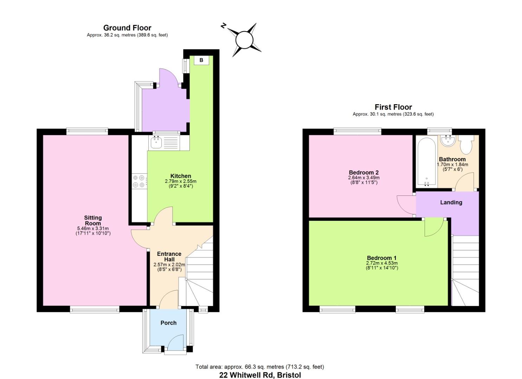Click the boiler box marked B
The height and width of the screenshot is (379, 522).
201,60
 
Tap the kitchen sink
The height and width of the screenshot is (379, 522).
156,142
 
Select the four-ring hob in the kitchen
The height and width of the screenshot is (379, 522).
138,181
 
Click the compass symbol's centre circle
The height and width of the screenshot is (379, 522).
244,39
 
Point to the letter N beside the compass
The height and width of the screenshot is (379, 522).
223,26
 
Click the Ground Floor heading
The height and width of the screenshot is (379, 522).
127,28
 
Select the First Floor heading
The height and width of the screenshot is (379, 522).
393,107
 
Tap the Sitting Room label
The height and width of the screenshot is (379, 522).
93,220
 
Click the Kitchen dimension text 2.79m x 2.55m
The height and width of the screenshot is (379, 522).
181,181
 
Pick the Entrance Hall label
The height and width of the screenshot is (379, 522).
169,257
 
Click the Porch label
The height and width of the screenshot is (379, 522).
168,323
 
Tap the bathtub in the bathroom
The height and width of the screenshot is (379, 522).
426,161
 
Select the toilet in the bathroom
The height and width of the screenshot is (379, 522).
467,145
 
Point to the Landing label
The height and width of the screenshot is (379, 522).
451,202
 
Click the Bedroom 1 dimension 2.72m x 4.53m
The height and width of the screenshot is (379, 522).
382,263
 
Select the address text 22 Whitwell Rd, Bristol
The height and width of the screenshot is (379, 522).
260,375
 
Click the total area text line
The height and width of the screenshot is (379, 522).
260,367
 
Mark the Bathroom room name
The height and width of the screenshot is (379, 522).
452,159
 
